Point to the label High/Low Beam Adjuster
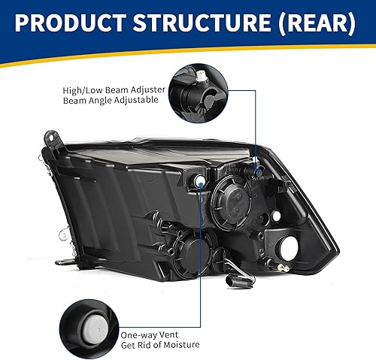[x=114, y=89]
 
